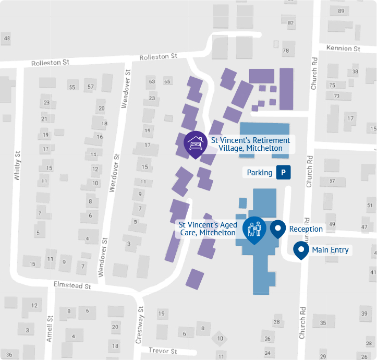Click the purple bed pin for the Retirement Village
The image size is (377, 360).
[196, 143]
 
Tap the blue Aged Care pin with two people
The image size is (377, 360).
[254, 229]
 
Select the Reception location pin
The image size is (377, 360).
[278, 228]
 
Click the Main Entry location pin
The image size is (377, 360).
[301, 249]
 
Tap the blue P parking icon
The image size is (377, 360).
[283, 172]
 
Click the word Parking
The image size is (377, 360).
[260, 173]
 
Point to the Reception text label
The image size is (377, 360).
[306, 229]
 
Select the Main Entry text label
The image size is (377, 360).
[330, 250]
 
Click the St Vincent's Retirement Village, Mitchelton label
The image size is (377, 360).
[250, 144]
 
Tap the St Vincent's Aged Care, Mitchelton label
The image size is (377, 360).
[208, 229]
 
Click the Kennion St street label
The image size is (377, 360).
[343, 49]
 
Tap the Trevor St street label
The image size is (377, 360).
[163, 351]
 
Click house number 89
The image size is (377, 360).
[341, 11]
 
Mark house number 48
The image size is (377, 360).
[7, 38]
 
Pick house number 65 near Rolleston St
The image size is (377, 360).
[167, 81]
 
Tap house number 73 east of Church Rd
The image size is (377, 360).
[336, 96]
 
